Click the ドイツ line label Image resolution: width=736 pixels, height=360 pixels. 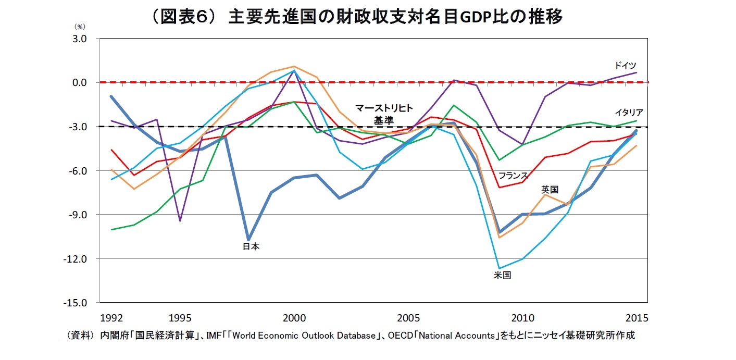tap(625, 66)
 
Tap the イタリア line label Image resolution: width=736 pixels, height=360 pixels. tap(629, 113)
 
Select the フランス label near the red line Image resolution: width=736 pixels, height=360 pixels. tap(513, 175)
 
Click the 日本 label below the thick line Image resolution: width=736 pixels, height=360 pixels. tap(251, 247)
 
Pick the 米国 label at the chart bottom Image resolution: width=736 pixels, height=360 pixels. tap(503, 275)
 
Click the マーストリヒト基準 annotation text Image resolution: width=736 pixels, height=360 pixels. tap(384, 114)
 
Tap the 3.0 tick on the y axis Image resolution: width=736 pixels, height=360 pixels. tap(80, 39)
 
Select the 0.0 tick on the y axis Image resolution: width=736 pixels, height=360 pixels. tap(80, 82)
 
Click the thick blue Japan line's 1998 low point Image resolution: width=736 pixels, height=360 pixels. tap(248, 239)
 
